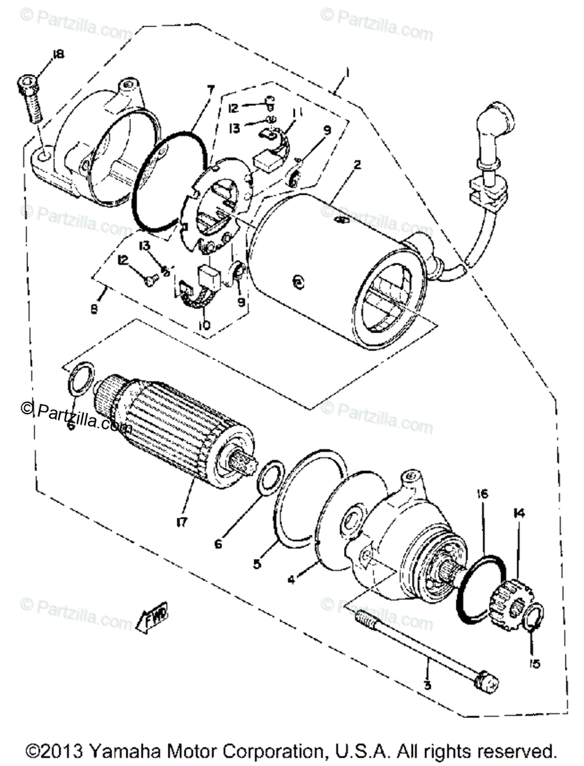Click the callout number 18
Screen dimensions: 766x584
pyautogui.click(x=59, y=56)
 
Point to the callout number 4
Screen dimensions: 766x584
pyautogui.click(x=291, y=580)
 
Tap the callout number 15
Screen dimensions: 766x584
pyautogui.click(x=535, y=665)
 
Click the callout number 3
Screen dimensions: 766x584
pyautogui.click(x=427, y=686)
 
